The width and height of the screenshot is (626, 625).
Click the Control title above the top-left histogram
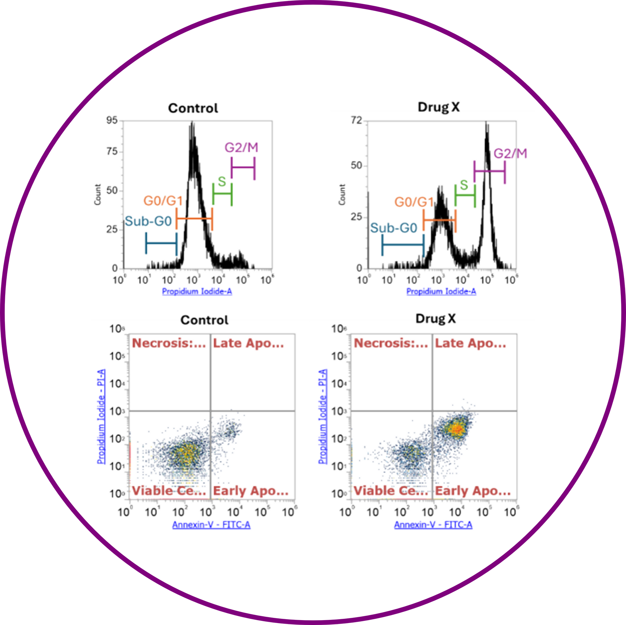point(193,108)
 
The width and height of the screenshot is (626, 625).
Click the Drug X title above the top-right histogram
point(439,107)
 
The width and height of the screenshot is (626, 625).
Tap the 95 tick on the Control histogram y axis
point(112,121)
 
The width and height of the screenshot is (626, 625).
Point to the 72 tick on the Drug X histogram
point(356,121)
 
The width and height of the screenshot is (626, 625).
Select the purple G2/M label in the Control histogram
point(241,148)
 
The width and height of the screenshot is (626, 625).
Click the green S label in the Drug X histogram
point(464,185)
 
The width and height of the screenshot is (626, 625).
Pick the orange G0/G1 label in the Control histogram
point(163,201)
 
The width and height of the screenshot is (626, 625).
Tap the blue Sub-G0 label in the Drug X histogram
point(394,228)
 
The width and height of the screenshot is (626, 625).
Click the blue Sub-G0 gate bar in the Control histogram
point(161,243)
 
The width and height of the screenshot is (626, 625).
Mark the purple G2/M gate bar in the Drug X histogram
point(489,171)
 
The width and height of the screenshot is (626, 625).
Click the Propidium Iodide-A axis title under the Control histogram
point(197,291)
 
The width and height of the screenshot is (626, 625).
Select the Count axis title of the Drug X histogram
point(342,194)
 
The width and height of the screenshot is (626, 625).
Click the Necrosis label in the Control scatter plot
point(169,343)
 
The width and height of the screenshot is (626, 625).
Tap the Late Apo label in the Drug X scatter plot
point(470,343)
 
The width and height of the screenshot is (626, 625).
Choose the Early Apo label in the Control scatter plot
point(251,490)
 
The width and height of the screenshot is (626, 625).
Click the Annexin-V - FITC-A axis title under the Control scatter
point(211,525)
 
